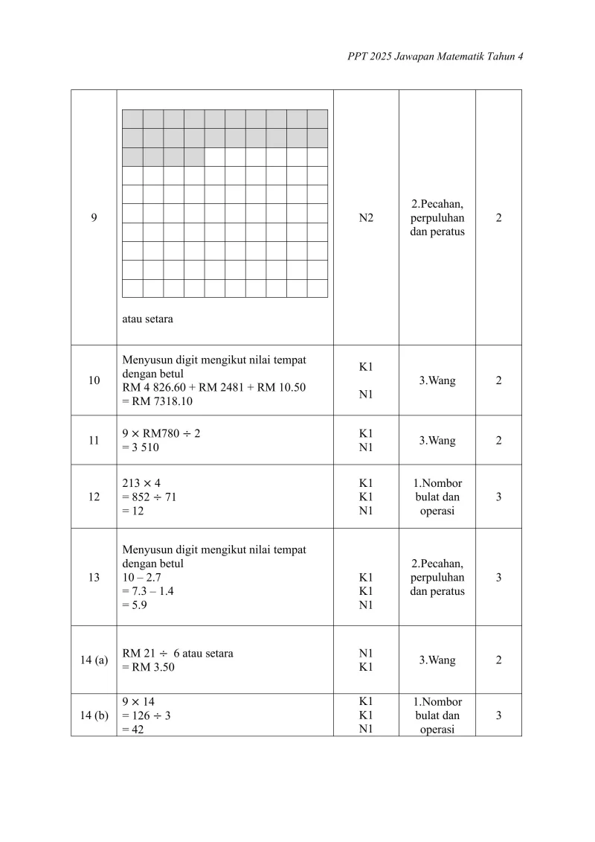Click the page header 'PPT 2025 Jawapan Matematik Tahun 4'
point(435,57)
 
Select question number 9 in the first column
point(94,218)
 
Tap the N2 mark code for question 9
point(366,218)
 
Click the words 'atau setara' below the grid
point(147,319)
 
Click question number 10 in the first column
point(94,380)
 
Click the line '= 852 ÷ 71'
point(149,497)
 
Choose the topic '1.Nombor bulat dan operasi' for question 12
point(437,497)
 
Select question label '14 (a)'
point(94,660)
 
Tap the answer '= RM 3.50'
point(149,667)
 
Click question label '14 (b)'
point(94,715)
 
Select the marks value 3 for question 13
point(498,577)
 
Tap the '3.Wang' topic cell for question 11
point(437,440)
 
